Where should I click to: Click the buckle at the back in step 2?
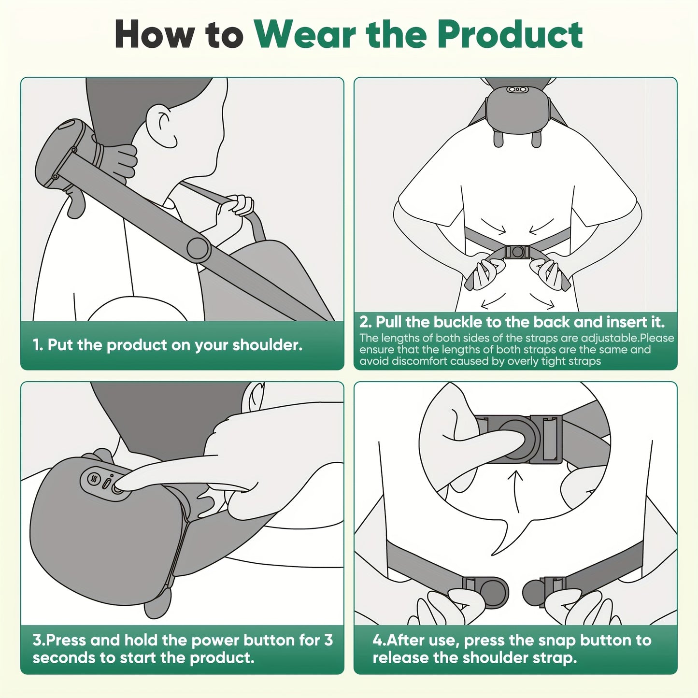pos(517,252)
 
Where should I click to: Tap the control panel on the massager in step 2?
pos(516,89)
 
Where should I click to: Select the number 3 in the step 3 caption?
pos(328,640)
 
